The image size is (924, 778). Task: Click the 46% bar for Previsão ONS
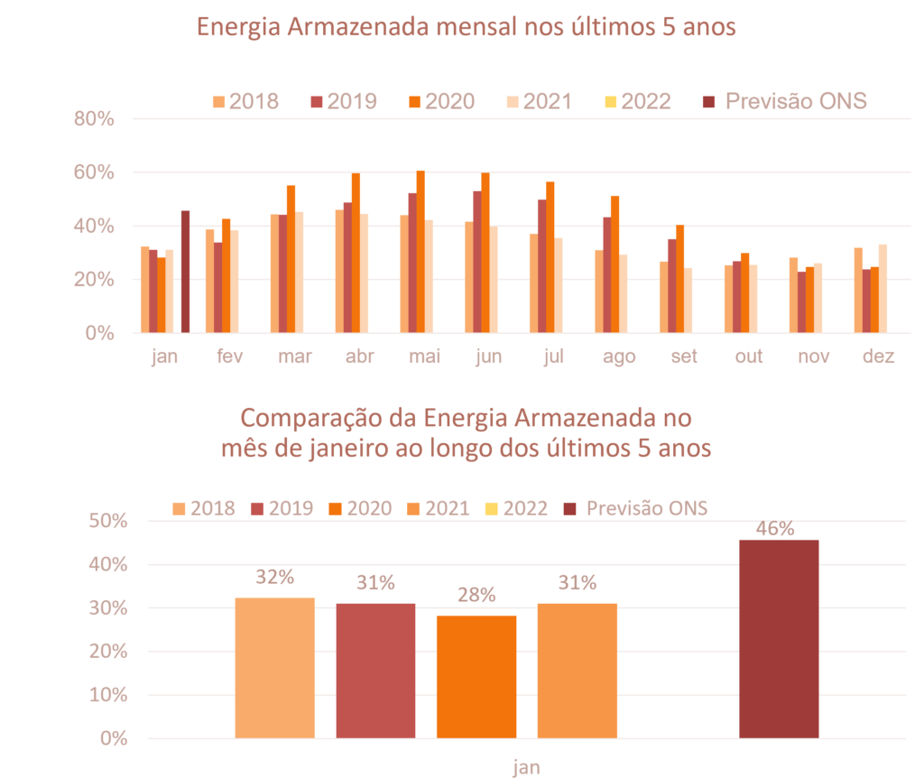(x=779, y=639)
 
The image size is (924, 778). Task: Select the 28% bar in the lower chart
(x=476, y=677)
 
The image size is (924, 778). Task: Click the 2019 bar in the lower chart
(x=375, y=671)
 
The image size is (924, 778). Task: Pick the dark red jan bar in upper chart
(x=185, y=271)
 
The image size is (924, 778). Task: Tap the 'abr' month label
(x=360, y=357)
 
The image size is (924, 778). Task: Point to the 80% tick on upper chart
(x=95, y=119)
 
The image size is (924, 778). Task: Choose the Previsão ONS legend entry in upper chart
(x=784, y=100)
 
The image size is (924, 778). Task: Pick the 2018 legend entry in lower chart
(x=203, y=508)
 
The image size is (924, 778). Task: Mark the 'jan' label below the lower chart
(x=527, y=768)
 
